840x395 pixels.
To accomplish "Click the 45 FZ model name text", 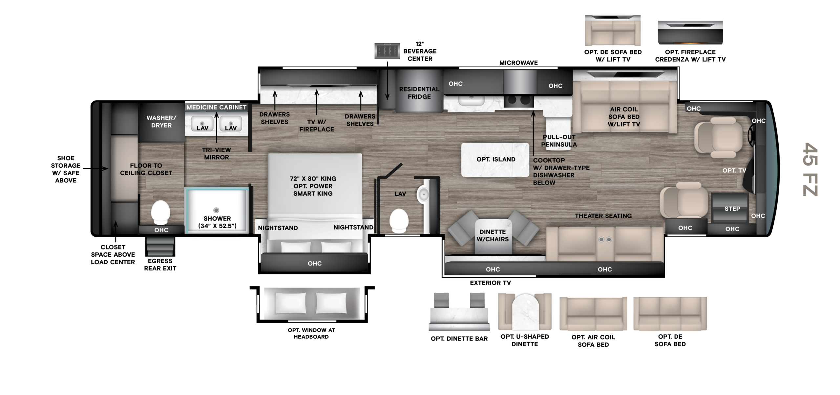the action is click(810, 169).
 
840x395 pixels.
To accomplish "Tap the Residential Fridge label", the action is click(419, 93).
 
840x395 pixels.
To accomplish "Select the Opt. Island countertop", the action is click(495, 160).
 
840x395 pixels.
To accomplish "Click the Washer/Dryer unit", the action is click(161, 122).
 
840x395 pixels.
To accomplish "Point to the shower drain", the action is click(216, 210).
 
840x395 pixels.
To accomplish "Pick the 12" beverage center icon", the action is click(387, 51).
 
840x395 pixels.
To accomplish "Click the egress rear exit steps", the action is click(160, 246).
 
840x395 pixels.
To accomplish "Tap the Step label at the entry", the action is click(732, 209).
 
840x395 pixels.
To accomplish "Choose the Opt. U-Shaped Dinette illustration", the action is click(525, 311).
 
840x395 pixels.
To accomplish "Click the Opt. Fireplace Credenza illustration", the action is click(690, 32).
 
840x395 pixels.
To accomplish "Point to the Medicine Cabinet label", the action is click(217, 107).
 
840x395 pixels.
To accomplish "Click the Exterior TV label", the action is click(490, 283).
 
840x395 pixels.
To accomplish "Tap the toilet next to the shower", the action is click(160, 212).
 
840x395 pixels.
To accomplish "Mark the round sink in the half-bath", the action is click(423, 195).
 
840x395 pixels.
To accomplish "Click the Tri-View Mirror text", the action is click(217, 154).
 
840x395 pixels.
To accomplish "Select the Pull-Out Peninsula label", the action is click(559, 141).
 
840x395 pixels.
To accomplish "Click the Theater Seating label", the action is click(603, 216).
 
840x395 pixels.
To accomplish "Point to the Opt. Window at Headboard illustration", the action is click(312, 304).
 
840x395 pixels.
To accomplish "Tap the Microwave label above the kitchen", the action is click(518, 63).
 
